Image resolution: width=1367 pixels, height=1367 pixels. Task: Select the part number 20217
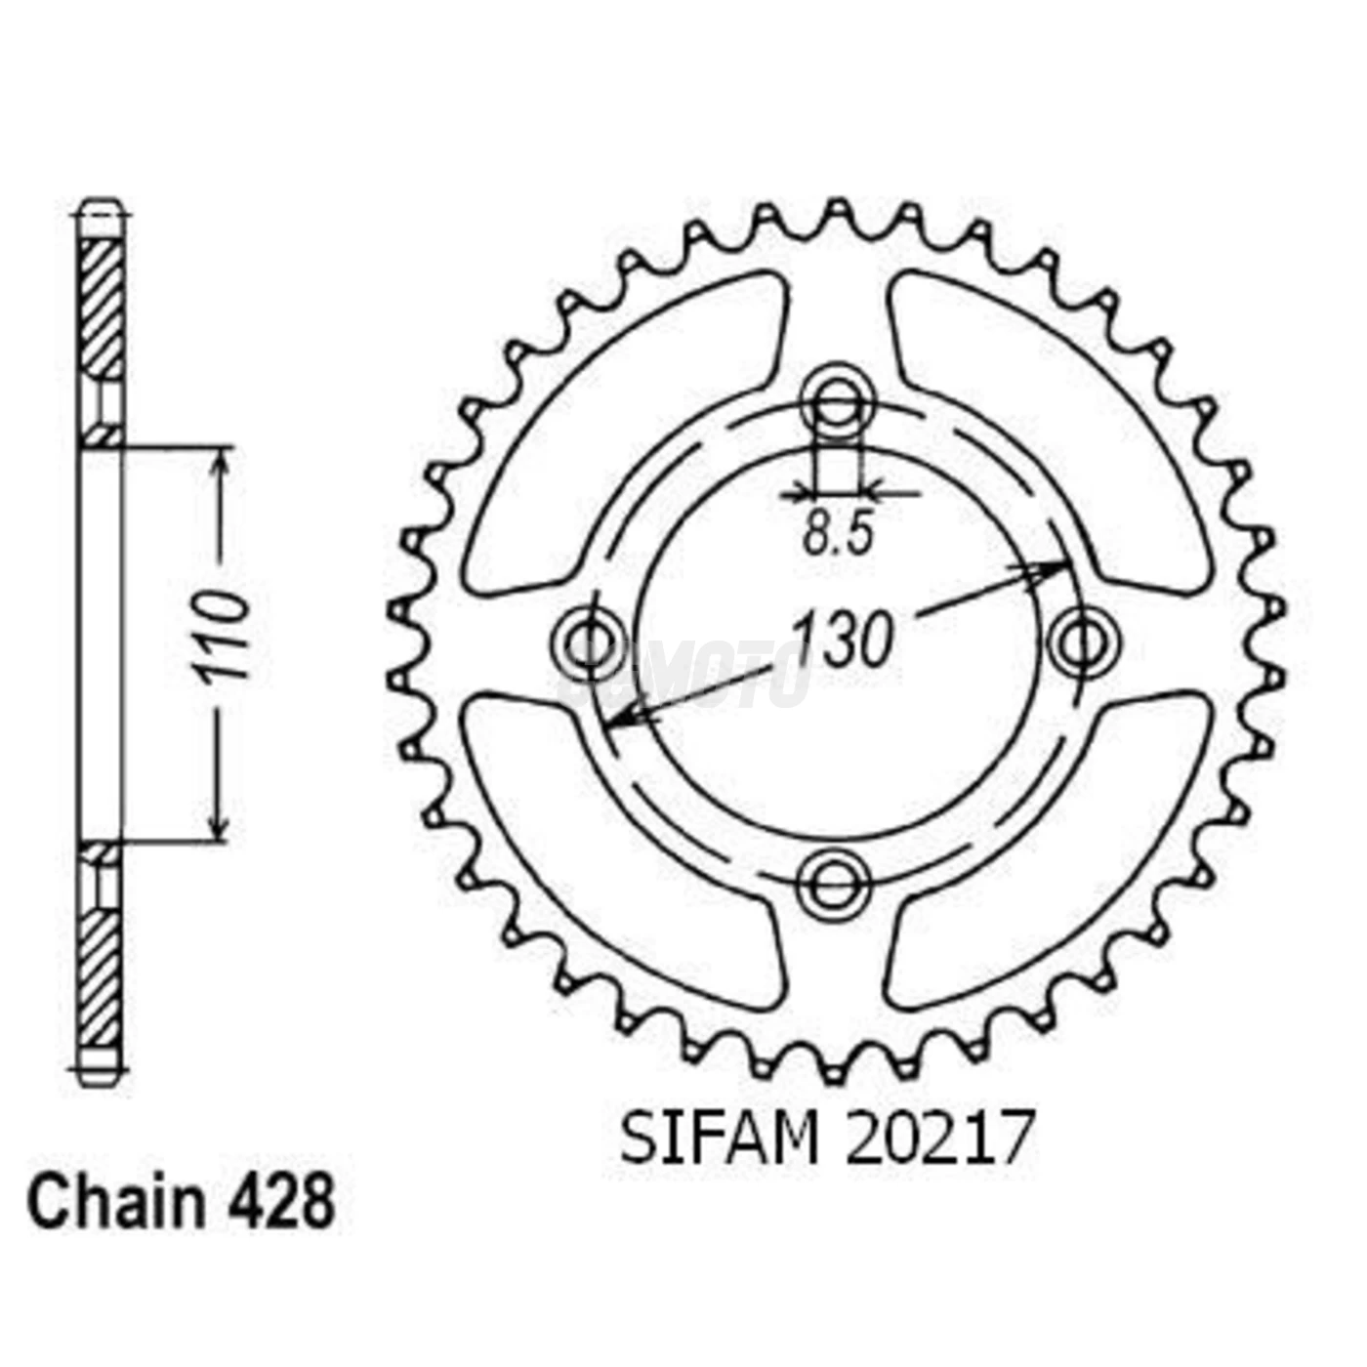tap(937, 1139)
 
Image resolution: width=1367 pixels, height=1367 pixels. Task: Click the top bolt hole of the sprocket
tap(835, 400)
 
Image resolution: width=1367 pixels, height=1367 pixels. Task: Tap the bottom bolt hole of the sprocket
tap(833, 884)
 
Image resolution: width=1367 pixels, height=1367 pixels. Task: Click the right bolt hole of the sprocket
tap(1083, 642)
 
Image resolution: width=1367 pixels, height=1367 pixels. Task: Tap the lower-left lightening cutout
tap(625, 849)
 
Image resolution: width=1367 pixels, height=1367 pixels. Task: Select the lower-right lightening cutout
tap(1045, 849)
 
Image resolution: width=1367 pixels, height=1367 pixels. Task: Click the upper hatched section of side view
tap(101, 308)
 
